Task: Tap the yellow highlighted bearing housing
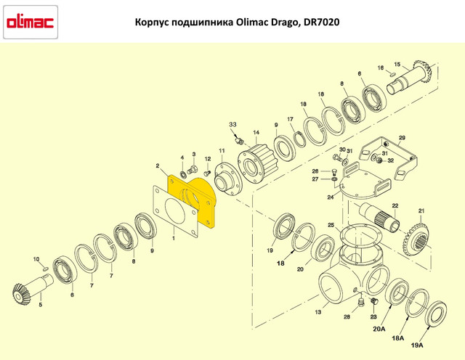(191, 200)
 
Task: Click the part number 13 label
(317, 312)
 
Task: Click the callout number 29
(401, 137)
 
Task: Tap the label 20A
(380, 328)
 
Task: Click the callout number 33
(233, 125)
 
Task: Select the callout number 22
(395, 206)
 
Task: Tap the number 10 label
(36, 259)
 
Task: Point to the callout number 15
(397, 65)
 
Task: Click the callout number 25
(330, 226)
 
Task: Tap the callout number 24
(330, 197)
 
